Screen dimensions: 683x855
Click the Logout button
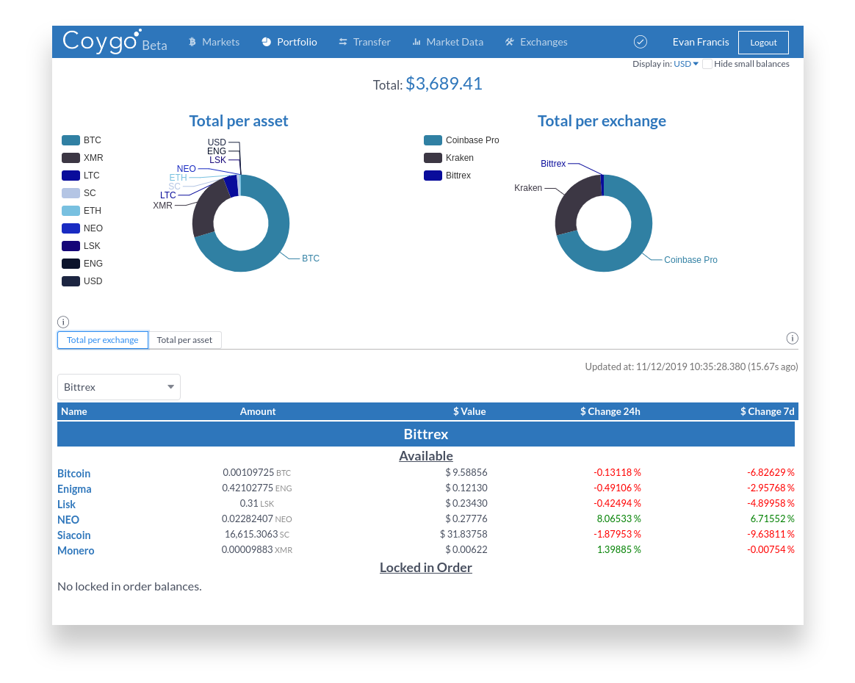(x=763, y=43)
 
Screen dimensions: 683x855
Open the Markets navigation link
(x=214, y=42)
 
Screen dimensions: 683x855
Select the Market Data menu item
(x=447, y=42)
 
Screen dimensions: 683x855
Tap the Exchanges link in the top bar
(x=536, y=42)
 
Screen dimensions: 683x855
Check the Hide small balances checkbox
(x=707, y=64)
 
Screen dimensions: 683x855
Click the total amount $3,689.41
(x=444, y=84)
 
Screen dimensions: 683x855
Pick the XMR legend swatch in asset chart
(x=71, y=158)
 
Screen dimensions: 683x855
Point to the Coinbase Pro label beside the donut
(x=690, y=260)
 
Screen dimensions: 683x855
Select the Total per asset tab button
(x=184, y=340)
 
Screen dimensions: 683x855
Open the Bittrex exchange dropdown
(x=119, y=387)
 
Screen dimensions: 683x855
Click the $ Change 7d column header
(x=767, y=411)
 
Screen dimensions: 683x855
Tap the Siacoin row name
(x=73, y=535)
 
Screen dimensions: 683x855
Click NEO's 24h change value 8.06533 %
(x=617, y=518)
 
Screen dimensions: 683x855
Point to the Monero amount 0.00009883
(x=247, y=549)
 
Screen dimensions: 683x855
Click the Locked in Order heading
(x=426, y=568)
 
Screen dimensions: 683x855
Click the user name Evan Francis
(x=701, y=42)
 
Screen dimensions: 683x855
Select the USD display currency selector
(x=686, y=64)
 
